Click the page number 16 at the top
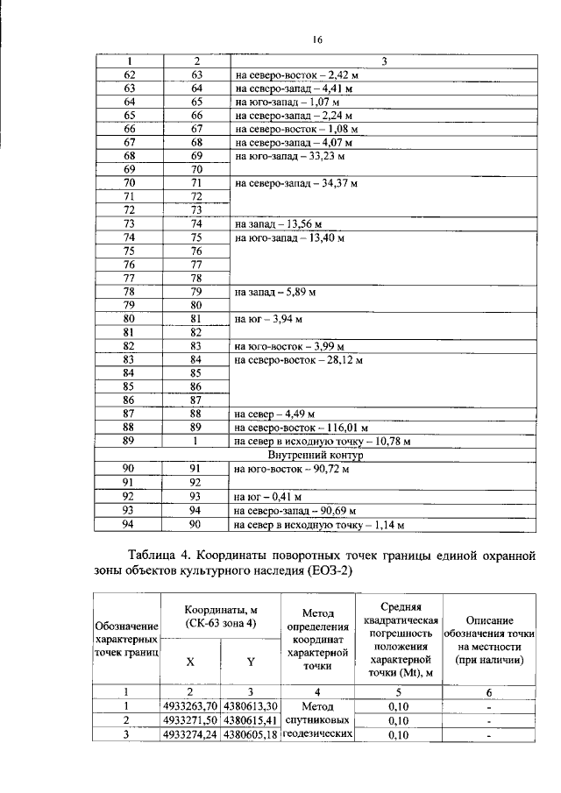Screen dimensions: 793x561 [318, 39]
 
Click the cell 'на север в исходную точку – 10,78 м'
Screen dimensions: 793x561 [322, 441]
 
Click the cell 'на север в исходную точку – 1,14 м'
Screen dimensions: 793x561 [318, 525]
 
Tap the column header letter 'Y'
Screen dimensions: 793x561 [251, 663]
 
